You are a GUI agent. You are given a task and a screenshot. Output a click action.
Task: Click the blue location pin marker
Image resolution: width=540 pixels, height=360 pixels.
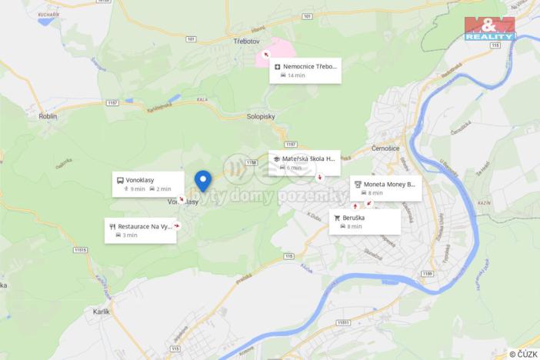coord(203,180)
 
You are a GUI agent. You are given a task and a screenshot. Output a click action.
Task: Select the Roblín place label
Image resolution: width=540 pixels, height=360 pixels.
coord(48,116)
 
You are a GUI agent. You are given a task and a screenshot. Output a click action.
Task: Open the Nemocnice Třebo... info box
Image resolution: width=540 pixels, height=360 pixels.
coord(305,70)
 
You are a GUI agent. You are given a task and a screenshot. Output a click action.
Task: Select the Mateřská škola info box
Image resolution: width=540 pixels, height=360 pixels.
coord(304,162)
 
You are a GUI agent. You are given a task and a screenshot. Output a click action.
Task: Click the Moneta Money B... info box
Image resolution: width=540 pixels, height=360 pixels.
coord(385,188)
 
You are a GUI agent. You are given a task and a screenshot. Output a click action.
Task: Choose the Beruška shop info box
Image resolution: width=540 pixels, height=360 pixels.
coord(365,222)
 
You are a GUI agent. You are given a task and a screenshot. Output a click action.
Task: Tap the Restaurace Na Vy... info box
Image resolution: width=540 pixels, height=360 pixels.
coord(141,230)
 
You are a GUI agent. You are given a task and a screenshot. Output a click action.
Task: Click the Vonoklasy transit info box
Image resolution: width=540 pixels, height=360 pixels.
coord(148,184)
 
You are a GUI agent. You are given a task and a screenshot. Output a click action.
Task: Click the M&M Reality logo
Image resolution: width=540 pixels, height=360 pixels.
coord(490,28)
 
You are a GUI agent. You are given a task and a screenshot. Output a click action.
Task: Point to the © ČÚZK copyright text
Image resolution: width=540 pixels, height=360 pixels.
coord(522,354)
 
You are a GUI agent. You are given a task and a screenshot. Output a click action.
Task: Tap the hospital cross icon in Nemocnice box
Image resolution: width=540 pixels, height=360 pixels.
coord(277,66)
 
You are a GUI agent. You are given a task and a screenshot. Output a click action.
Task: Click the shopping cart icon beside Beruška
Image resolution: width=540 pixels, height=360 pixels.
coord(337,218)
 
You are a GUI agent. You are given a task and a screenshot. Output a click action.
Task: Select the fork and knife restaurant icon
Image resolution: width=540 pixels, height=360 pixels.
coord(112,227)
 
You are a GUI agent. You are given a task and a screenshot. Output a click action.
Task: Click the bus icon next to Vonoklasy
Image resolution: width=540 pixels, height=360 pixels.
coord(120,180)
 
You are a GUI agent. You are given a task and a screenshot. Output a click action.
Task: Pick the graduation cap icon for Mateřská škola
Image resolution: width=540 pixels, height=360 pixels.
coord(276,158)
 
